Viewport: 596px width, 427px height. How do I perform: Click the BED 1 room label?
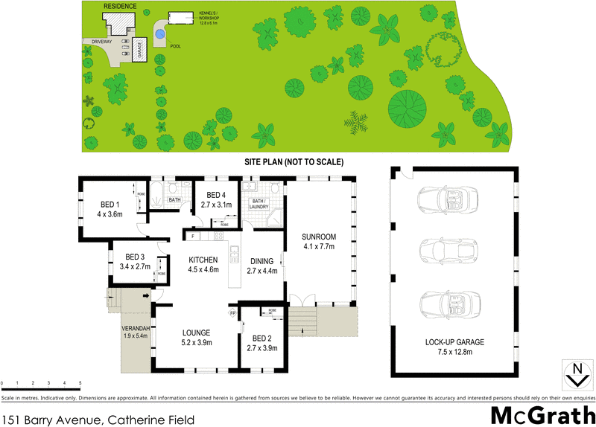click(110, 205)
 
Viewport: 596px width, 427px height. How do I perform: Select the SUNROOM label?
click(317, 237)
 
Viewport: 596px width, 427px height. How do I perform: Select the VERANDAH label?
click(136, 328)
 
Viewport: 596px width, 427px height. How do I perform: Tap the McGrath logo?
click(542, 415)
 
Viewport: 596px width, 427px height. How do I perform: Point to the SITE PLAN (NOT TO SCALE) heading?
click(294, 161)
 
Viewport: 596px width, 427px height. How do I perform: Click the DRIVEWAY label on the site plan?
click(98, 42)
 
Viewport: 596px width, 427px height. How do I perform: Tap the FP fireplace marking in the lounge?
click(232, 314)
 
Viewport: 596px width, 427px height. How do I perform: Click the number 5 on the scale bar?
click(80, 383)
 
